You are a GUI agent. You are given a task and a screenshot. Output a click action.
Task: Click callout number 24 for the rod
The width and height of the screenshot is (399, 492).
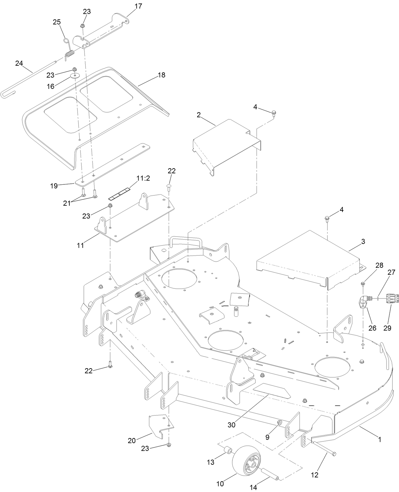(19, 63)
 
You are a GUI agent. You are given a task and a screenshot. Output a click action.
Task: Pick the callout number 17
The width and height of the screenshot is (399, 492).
(138, 6)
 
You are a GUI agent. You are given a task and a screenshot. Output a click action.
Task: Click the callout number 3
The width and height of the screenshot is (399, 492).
(363, 242)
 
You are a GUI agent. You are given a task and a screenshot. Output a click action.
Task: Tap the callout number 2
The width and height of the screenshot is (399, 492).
(199, 115)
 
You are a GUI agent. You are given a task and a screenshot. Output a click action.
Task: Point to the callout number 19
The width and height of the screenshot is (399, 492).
(54, 186)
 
